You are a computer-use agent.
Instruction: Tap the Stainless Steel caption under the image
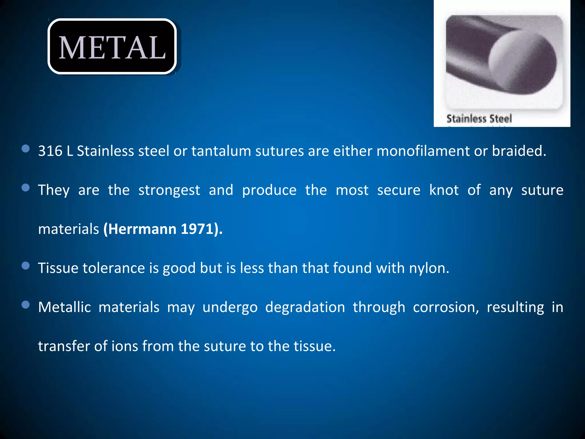pyautogui.click(x=479, y=119)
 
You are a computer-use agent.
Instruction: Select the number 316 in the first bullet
pyautogui.click(x=50, y=151)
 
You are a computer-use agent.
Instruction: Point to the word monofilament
pyautogui.click(x=423, y=151)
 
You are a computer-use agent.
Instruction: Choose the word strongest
pyautogui.click(x=169, y=190)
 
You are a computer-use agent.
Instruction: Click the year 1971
pyautogui.click(x=197, y=229)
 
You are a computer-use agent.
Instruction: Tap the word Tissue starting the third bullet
pyautogui.click(x=58, y=268)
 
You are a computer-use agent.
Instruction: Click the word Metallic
pyautogui.click(x=65, y=307)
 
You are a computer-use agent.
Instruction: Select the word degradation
pyautogui.click(x=305, y=307)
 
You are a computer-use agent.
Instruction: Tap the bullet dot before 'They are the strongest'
pyautogui.click(x=26, y=188)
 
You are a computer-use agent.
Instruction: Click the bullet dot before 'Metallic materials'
pyautogui.click(x=26, y=305)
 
